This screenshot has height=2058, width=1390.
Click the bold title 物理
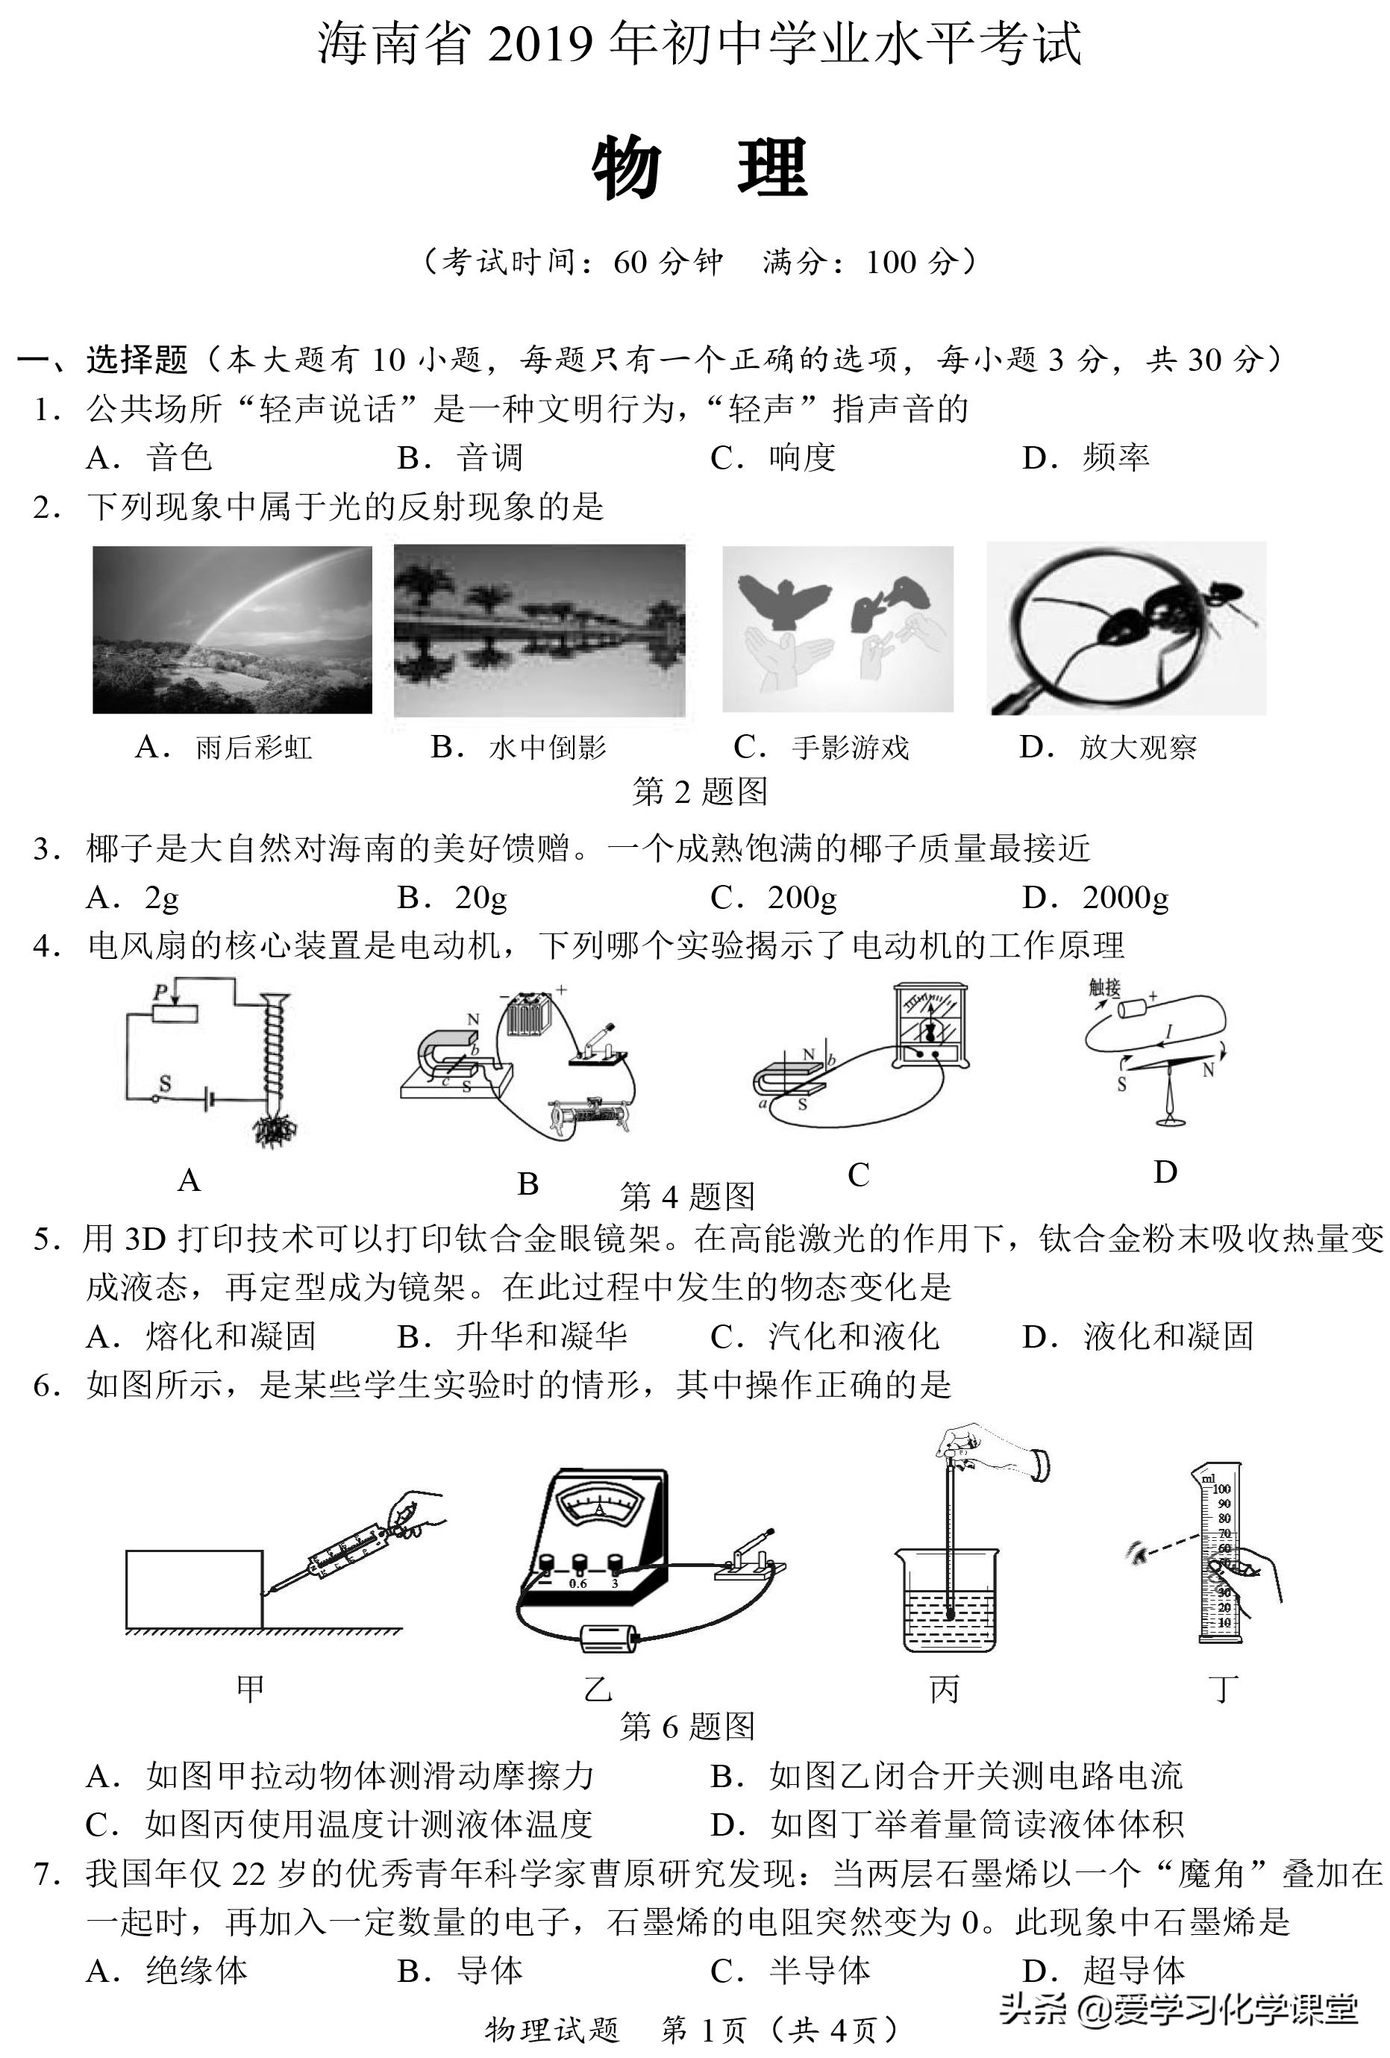699,168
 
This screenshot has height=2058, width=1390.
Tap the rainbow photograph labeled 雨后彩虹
232,629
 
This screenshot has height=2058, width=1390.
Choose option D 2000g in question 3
1096,898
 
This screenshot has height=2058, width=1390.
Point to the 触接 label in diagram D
1104,986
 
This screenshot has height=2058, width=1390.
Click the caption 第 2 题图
699,791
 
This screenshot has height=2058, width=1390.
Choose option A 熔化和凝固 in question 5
202,1336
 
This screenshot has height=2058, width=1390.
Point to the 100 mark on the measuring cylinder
1222,1489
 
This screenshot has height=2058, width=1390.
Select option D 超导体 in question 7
1104,1971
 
